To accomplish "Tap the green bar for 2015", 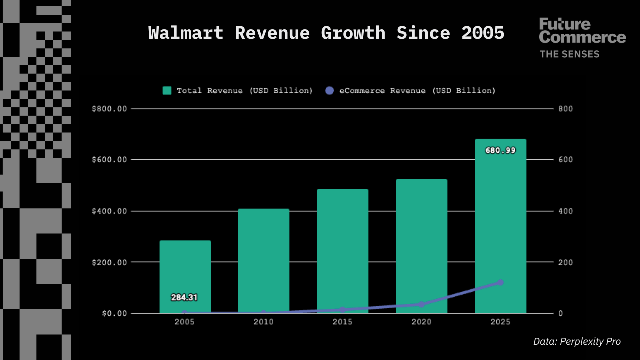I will (x=342, y=250).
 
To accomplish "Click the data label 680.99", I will (x=500, y=150).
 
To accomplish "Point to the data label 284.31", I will (x=184, y=298).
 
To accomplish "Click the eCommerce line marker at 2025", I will (x=500, y=283).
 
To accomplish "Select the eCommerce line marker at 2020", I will (x=421, y=304).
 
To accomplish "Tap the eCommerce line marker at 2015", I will (x=342, y=310).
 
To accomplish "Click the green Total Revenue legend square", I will (x=167, y=90).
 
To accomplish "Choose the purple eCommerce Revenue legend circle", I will (x=329, y=90).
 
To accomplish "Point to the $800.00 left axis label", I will (x=110, y=109).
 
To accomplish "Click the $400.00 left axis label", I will (x=110, y=211).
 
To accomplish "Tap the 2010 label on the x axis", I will (x=263, y=322).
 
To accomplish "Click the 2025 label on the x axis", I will (x=500, y=322).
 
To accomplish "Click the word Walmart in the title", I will (x=186, y=33).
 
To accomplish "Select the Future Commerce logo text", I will (x=582, y=31).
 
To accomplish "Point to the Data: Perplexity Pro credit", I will (x=577, y=342).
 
